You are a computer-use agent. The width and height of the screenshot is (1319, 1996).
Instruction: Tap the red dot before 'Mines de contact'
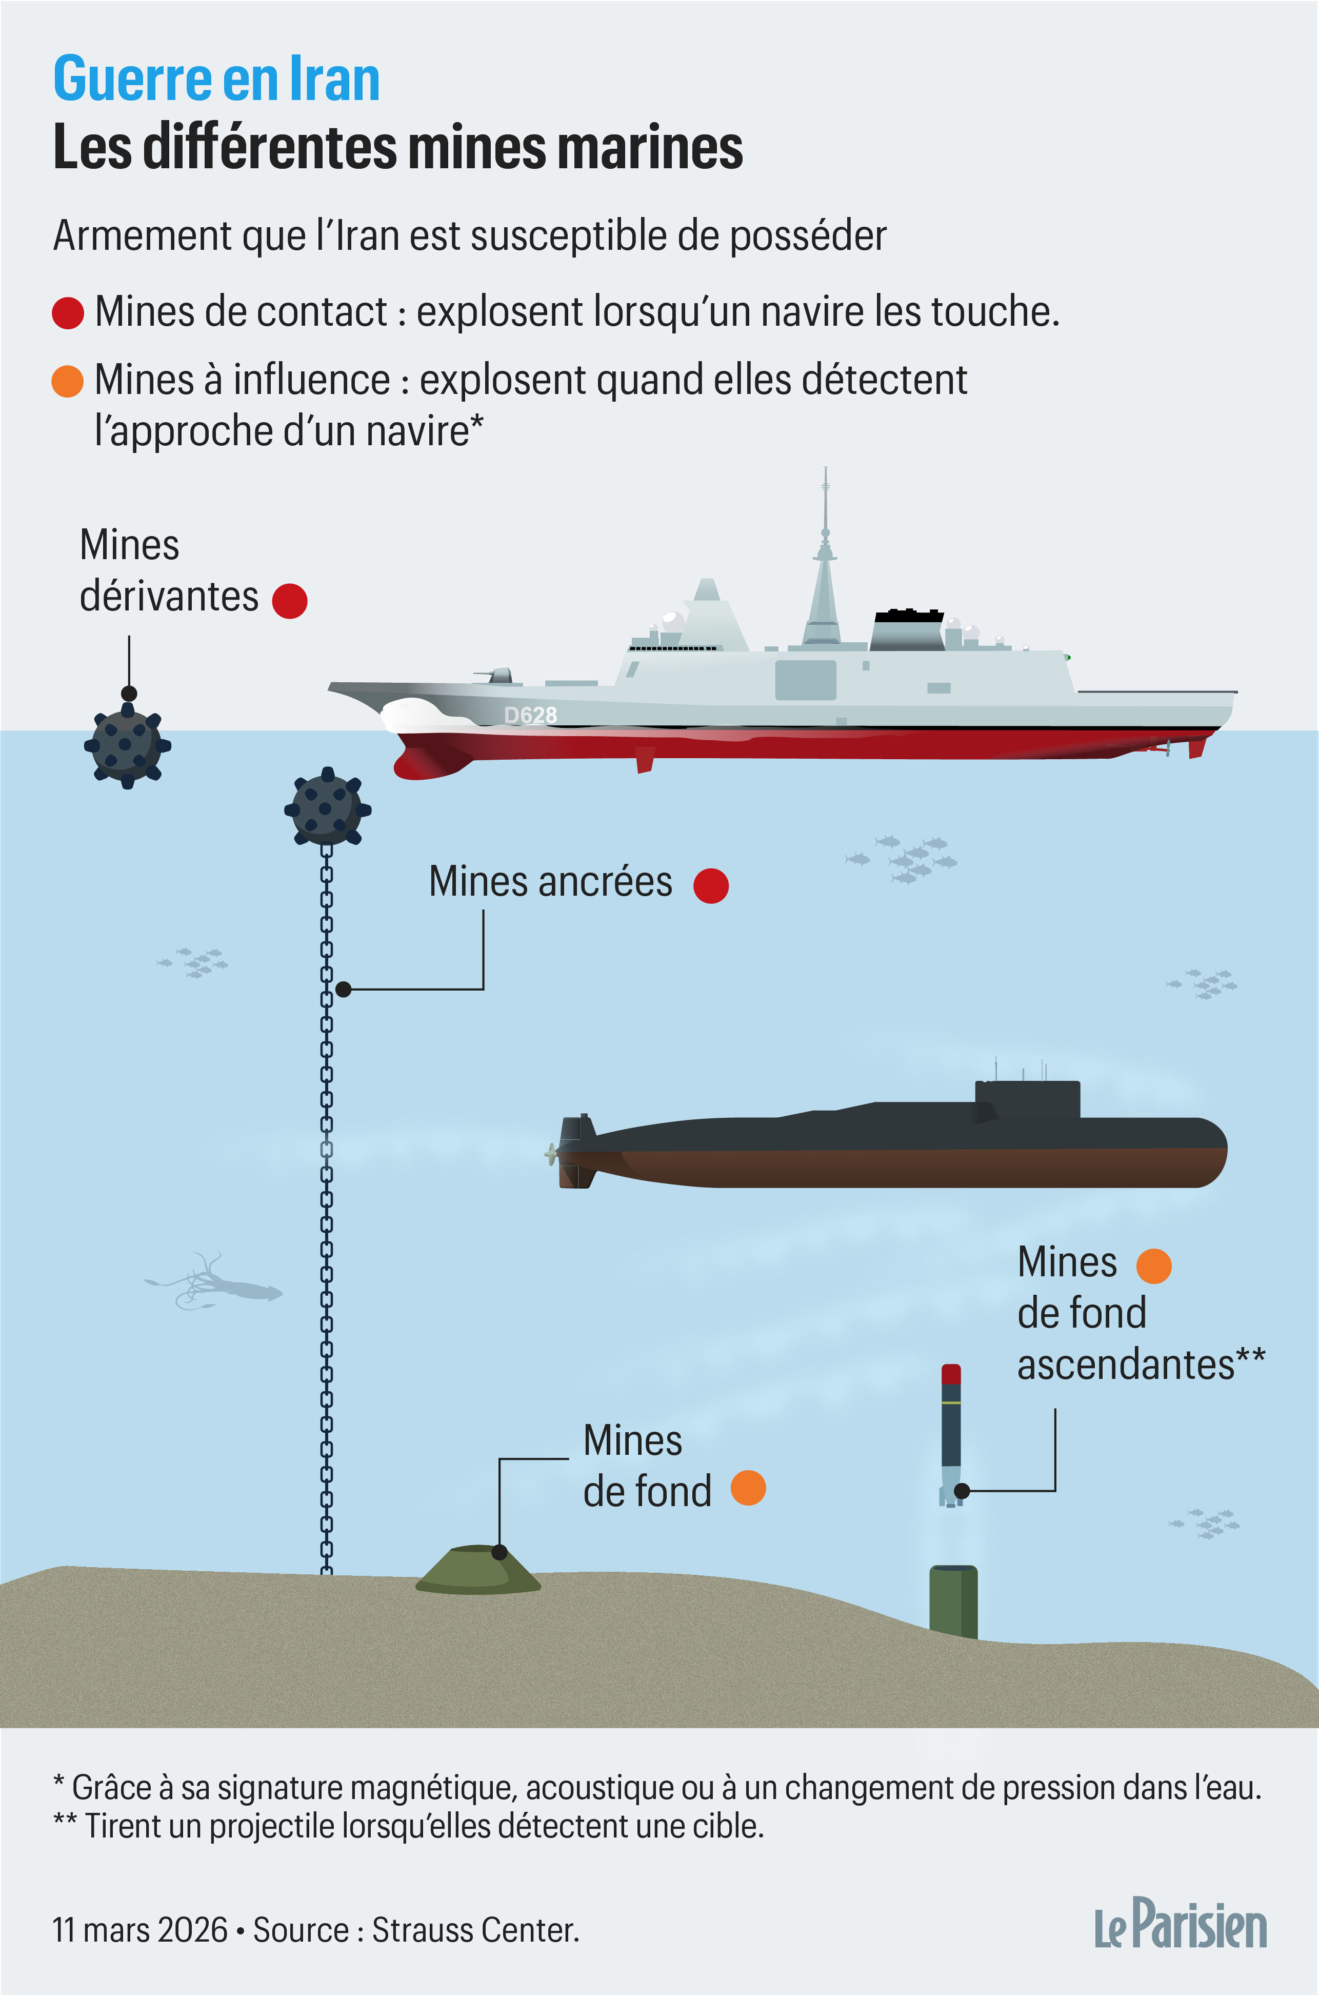click(x=68, y=313)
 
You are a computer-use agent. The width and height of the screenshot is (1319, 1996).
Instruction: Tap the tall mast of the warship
click(x=825, y=556)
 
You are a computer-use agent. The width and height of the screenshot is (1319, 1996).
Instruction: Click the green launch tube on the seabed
click(x=953, y=1602)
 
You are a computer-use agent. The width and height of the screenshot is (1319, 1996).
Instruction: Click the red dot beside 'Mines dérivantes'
click(x=290, y=601)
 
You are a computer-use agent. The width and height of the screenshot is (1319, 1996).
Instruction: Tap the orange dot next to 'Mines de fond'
click(x=748, y=1488)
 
